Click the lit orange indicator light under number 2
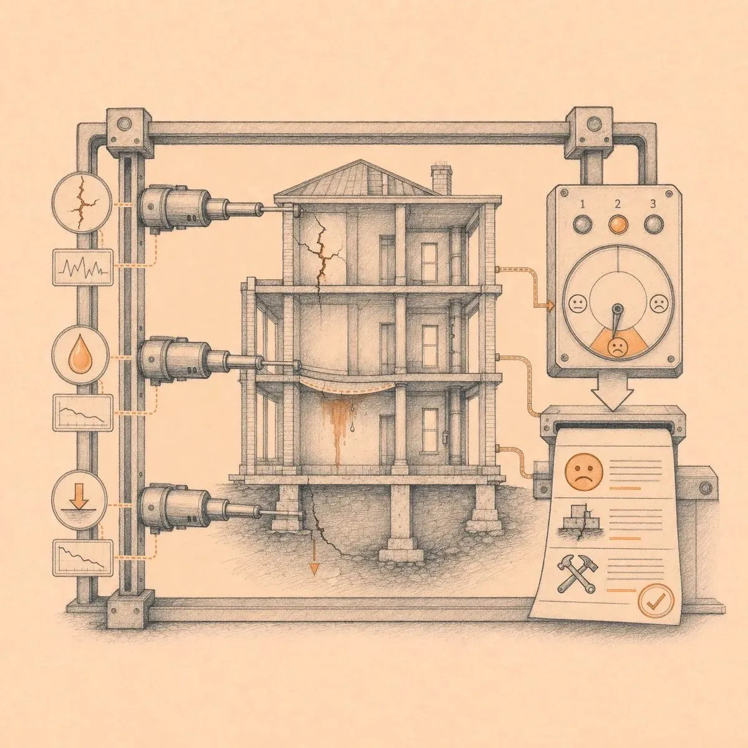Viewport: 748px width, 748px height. point(618,224)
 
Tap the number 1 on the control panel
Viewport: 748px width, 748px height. point(582,204)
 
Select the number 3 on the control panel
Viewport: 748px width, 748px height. point(653,204)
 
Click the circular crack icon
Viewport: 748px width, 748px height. point(82,202)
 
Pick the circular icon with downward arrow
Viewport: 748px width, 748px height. point(80,501)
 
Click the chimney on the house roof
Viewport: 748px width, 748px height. point(441,180)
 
